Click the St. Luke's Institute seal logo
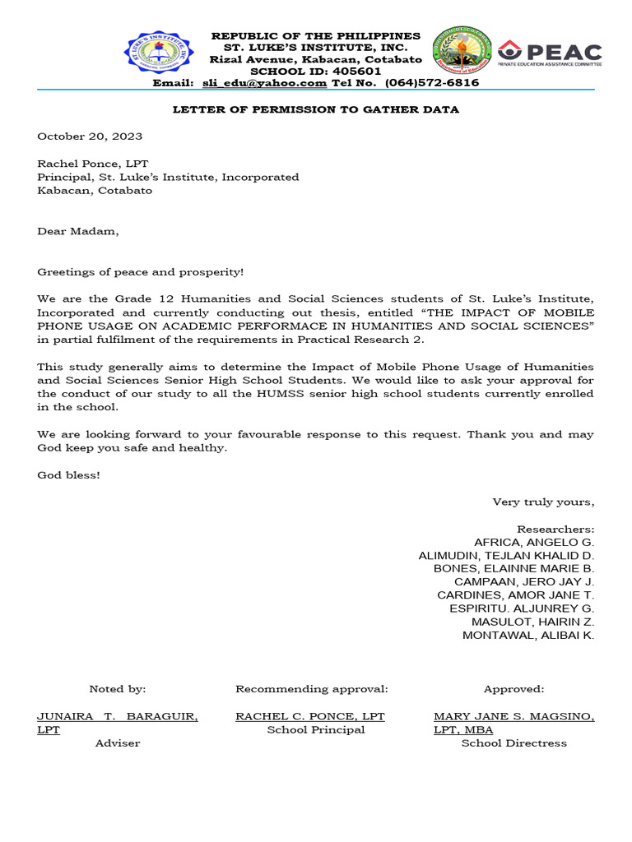(x=159, y=53)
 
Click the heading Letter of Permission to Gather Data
(x=315, y=109)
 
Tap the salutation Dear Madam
(x=78, y=231)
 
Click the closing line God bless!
(x=68, y=475)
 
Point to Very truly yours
(x=543, y=502)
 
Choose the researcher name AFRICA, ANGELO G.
(x=534, y=542)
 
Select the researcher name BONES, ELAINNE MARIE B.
(x=513, y=568)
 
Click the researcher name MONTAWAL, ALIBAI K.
(x=528, y=635)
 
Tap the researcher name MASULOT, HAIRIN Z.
(x=532, y=622)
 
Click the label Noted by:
(x=117, y=689)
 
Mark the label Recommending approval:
(x=311, y=689)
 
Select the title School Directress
(x=513, y=743)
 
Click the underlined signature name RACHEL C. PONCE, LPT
(x=310, y=717)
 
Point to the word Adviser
(x=118, y=743)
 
